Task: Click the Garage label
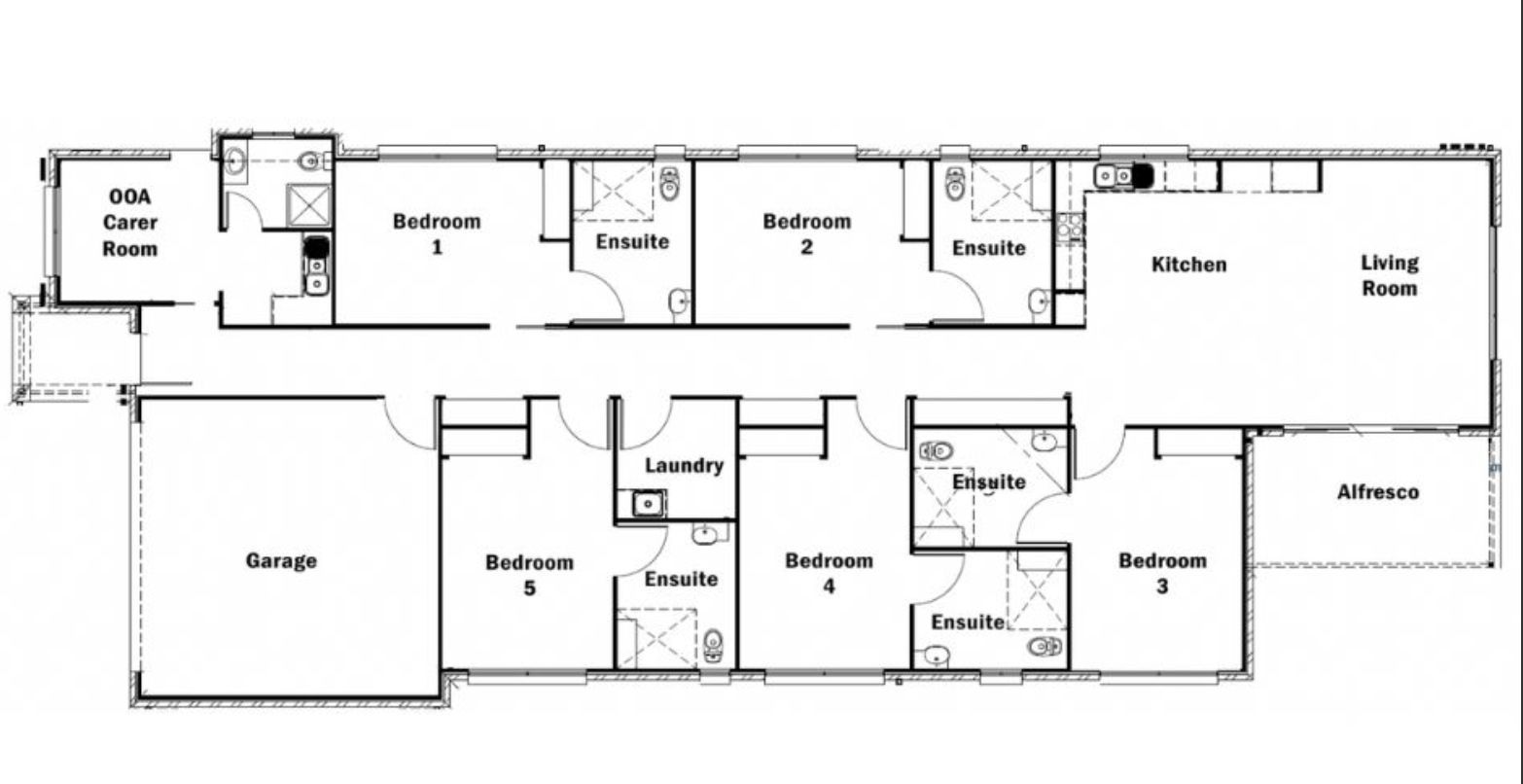point(281,561)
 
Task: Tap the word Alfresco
point(1378,491)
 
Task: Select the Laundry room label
point(684,466)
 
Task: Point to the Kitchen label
point(1189,264)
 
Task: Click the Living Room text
point(1390,275)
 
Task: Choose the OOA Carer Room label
point(130,223)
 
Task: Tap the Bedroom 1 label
point(437,233)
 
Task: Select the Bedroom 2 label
point(806,233)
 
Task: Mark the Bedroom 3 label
point(1162,573)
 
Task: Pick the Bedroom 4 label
point(829,573)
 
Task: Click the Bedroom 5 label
point(529,575)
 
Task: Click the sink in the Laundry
point(648,504)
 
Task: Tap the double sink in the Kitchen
point(1114,176)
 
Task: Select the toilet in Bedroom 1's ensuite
point(670,183)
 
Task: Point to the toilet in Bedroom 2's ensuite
point(955,183)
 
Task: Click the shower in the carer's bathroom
point(308,205)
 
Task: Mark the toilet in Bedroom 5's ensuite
point(713,645)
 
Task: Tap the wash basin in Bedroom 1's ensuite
point(679,300)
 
